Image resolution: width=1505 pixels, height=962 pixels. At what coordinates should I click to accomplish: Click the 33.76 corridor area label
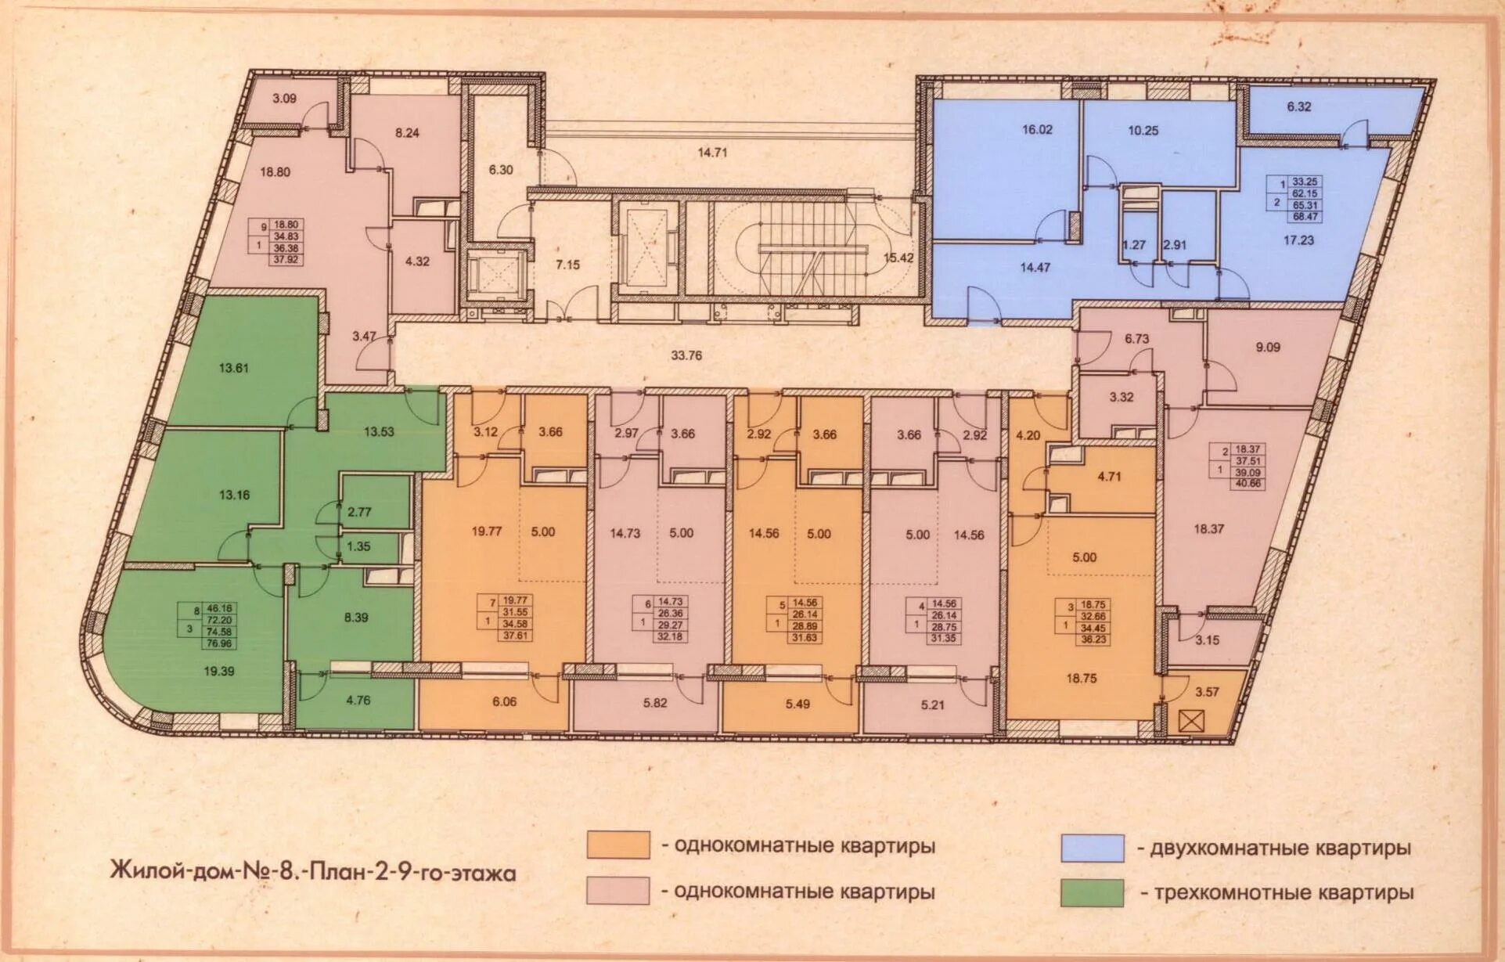[x=686, y=355]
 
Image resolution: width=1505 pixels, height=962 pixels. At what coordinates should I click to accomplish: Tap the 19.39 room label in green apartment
[x=218, y=671]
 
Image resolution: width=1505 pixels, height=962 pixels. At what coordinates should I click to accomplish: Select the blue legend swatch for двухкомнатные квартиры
[x=1092, y=849]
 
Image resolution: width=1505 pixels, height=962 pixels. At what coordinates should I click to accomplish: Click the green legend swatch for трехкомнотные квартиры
[x=1092, y=892]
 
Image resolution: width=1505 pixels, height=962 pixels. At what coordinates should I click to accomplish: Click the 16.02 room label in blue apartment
[x=1037, y=130]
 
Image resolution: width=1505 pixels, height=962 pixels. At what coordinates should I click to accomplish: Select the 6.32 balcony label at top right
[x=1298, y=106]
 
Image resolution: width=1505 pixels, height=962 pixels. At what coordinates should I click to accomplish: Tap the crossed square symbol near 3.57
[x=1188, y=721]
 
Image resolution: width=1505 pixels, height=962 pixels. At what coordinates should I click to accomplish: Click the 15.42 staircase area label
[x=898, y=257]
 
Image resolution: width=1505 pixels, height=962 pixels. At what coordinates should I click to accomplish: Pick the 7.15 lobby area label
[x=567, y=265]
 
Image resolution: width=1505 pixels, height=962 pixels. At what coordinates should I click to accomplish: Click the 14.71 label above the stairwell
[x=711, y=153]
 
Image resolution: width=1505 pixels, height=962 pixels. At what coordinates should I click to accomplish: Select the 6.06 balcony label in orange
[x=504, y=702]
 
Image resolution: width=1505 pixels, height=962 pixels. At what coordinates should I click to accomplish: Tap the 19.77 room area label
[x=486, y=531]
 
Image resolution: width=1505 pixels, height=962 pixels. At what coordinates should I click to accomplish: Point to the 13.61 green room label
[x=233, y=367]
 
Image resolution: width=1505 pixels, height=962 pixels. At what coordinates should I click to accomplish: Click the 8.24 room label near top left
[x=407, y=133]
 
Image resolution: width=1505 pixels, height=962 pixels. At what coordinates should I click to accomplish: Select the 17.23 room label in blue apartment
[x=1298, y=240]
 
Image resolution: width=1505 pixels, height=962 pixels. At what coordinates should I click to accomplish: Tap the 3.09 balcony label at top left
[x=284, y=99]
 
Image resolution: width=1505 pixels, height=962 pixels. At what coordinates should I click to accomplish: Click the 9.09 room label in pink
[x=1268, y=346]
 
